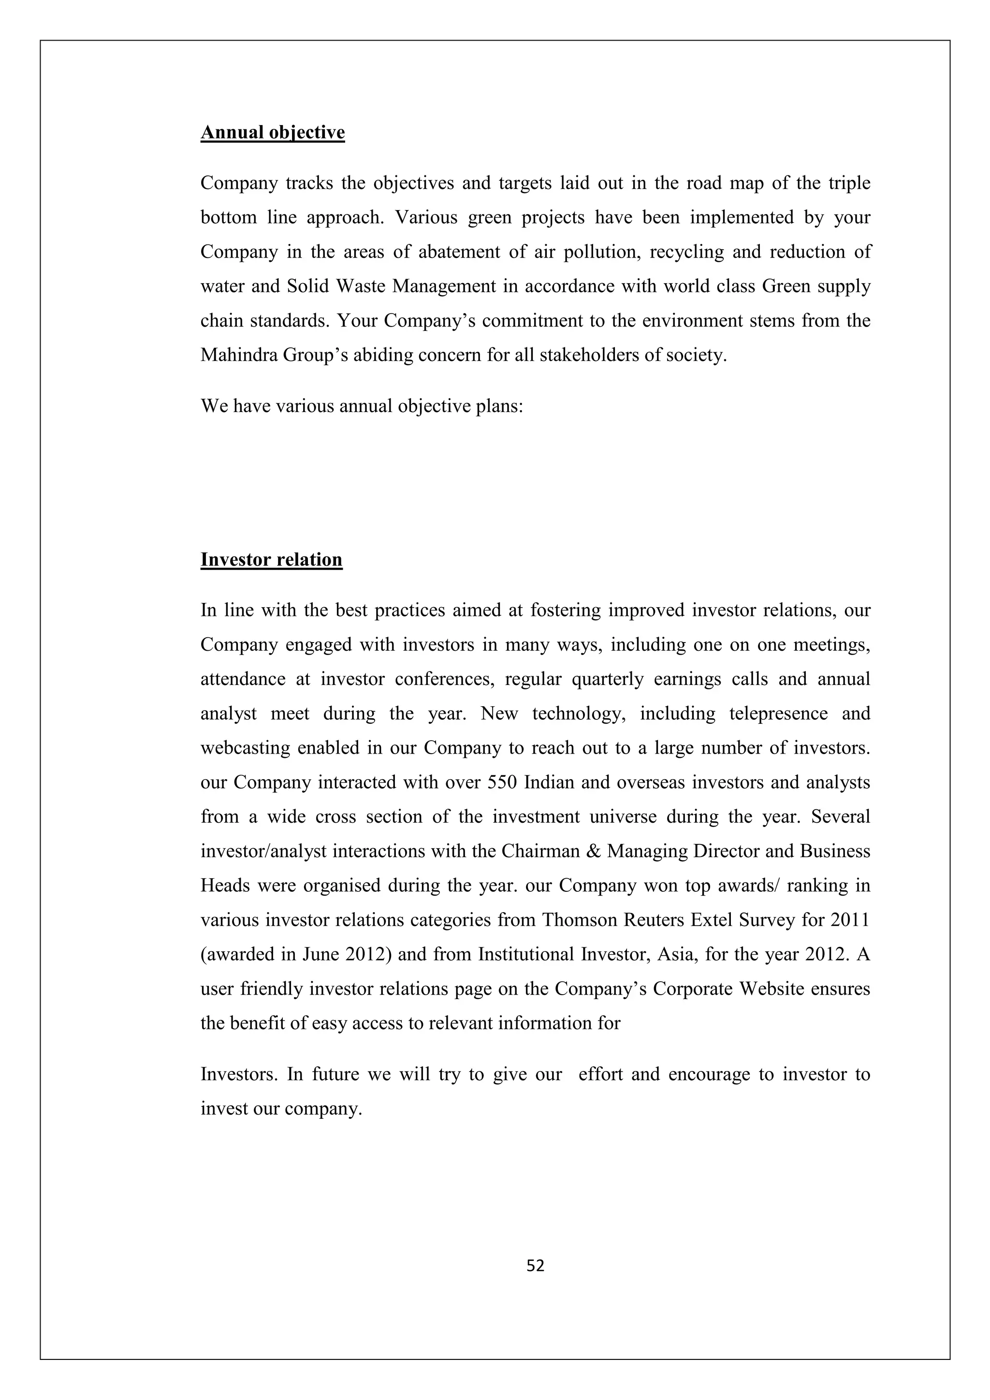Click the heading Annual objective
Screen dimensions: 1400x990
273,132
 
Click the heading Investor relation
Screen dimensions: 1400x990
272,559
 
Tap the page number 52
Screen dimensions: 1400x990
535,1266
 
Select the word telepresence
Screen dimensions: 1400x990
778,713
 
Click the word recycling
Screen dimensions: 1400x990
686,252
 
